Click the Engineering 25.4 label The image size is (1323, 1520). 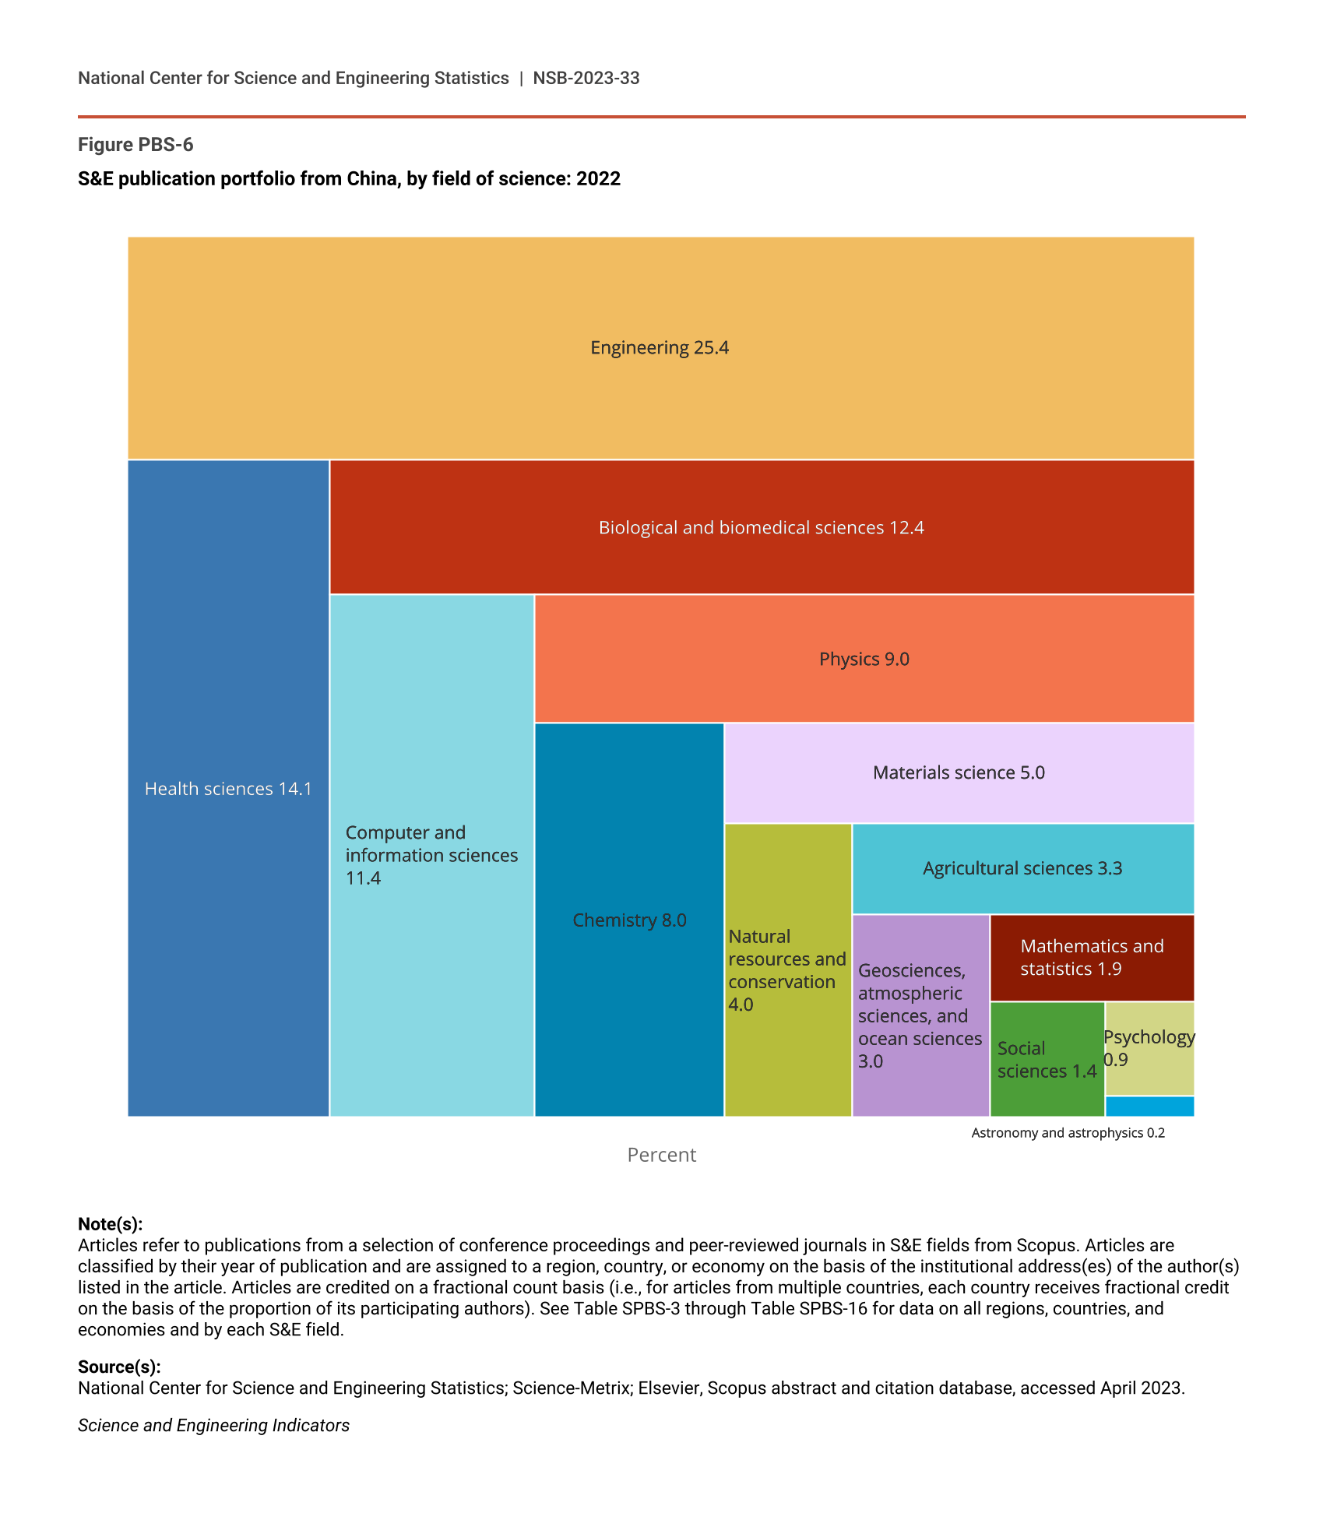coord(660,347)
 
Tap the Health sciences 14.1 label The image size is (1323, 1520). coord(228,789)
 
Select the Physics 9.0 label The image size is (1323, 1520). coord(864,659)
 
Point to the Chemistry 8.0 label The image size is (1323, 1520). coord(629,920)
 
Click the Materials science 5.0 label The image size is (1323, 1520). coord(959,772)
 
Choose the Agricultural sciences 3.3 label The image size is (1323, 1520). coord(1022,868)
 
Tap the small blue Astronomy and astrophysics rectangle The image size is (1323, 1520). coord(1149,1107)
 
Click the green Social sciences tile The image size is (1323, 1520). coord(1047,1059)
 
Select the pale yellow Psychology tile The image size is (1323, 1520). coord(1149,1048)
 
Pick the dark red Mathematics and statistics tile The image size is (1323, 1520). coord(1092,958)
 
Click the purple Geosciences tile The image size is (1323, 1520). coord(920,1015)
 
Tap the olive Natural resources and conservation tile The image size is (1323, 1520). coord(787,970)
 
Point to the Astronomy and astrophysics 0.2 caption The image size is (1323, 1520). coord(1068,1133)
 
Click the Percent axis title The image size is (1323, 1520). coord(661,1155)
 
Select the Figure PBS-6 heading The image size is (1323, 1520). coord(135,145)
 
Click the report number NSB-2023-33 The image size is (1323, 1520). coord(586,78)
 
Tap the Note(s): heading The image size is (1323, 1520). coord(111,1224)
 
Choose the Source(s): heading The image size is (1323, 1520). coord(119,1367)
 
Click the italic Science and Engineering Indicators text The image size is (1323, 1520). coord(213,1425)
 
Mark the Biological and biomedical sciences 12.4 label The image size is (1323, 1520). coord(761,528)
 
